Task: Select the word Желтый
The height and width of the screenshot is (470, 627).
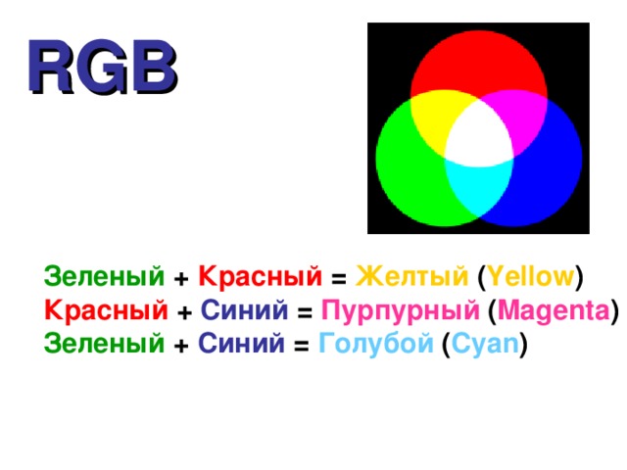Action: (x=410, y=277)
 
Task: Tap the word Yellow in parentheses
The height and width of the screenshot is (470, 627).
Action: (x=530, y=277)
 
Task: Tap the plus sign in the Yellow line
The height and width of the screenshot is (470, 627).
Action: (x=181, y=279)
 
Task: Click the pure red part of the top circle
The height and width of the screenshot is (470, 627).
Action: (x=477, y=64)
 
